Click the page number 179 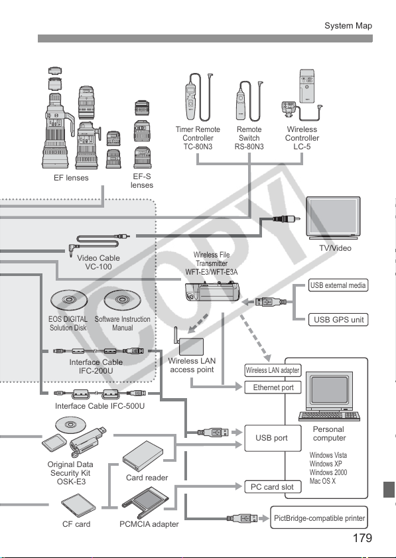pos(362,538)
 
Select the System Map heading pos(348,26)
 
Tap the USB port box pos(273,438)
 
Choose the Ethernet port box pos(273,387)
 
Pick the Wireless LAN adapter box pos(273,370)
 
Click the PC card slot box pos(273,487)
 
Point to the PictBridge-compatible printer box pos(319,518)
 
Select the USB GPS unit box pos(338,320)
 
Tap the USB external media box pos(338,285)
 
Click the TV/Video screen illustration pos(334,218)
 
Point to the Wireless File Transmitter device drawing pos(212,291)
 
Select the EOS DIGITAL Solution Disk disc pos(69,301)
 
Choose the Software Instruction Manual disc pos(122,301)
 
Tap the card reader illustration pos(143,456)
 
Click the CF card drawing pos(78,506)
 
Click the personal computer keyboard pos(329,415)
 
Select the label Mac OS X pos(322,481)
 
